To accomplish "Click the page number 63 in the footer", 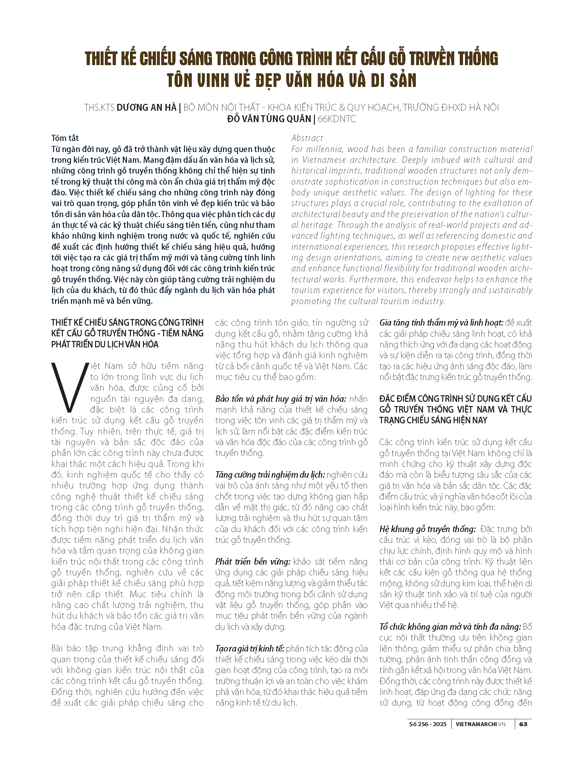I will (x=523, y=724).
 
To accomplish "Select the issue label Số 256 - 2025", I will (x=428, y=724).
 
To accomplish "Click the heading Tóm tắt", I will (x=65, y=138).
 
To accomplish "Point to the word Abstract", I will (x=307, y=138).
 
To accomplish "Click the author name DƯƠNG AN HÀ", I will (x=146, y=108).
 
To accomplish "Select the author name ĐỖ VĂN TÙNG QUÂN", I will (x=269, y=119).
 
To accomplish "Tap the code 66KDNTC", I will (x=337, y=119).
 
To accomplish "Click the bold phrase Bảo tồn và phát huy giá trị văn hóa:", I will (x=281, y=399).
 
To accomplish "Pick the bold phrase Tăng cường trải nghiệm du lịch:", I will (x=270, y=475).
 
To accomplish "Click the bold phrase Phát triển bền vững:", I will (x=253, y=562).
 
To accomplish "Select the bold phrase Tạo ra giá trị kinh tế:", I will (x=250, y=648).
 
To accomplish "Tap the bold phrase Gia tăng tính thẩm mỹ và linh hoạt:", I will (x=441, y=323).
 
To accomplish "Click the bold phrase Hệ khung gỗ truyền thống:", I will (x=427, y=529).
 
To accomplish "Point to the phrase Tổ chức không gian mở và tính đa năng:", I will (x=450, y=627).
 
